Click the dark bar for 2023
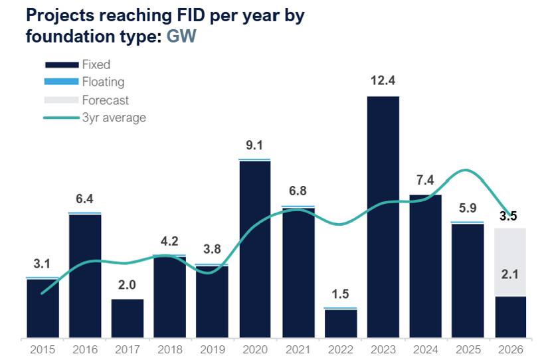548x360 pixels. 383,217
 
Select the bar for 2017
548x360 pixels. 128,318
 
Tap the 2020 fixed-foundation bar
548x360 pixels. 255,249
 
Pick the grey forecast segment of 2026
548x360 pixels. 510,262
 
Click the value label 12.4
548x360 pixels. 383,80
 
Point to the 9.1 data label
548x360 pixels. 254,145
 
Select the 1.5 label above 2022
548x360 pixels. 340,294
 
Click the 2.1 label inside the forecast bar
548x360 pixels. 510,274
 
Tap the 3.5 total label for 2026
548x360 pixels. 508,216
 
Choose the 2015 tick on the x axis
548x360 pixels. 43,349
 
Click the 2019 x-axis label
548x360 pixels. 213,349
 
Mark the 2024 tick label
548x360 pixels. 425,349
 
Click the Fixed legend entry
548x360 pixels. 78,64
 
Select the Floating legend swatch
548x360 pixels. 62,82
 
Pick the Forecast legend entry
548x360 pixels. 86,100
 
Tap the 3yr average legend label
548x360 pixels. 114,118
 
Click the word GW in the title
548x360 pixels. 181,36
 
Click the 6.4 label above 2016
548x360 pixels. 84,199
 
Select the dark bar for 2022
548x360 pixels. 341,323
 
